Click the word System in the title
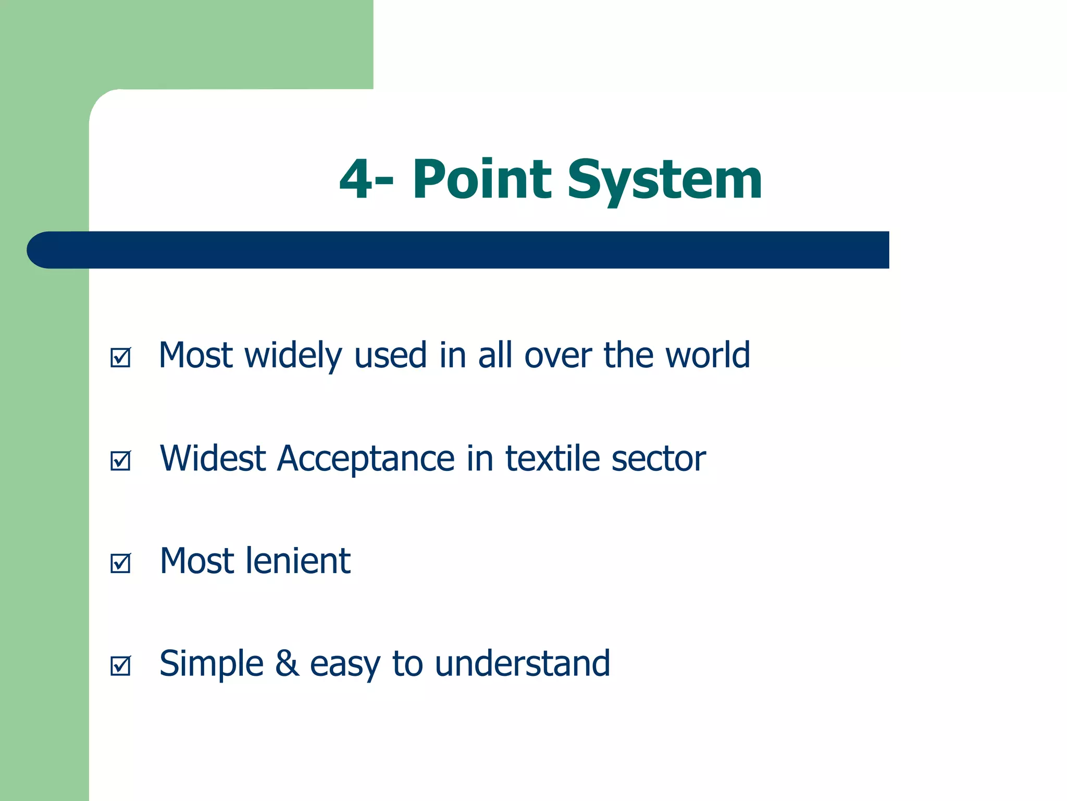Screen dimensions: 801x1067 664,180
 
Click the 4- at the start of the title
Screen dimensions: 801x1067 366,180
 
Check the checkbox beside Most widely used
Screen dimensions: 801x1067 120,358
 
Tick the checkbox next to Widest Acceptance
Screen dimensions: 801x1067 120,460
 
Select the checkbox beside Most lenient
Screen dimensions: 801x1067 120,563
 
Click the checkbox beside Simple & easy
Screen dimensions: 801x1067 120,666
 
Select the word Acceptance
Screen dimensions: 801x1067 366,459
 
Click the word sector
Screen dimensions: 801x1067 659,459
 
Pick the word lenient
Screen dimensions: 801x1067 298,561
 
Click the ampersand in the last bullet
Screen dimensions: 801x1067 287,664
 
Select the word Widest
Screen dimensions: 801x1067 213,458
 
